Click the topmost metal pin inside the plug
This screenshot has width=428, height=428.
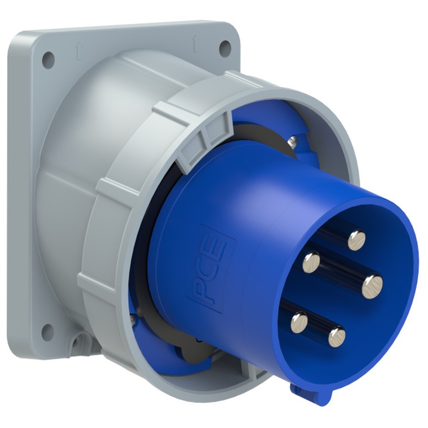click(357, 241)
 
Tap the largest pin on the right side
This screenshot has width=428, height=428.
click(372, 287)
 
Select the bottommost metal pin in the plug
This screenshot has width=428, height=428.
click(337, 337)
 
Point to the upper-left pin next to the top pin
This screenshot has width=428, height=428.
click(311, 262)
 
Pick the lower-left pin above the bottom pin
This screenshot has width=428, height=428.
click(299, 323)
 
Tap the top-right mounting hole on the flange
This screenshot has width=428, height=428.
click(225, 49)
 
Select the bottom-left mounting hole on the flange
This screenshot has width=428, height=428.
click(48, 331)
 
